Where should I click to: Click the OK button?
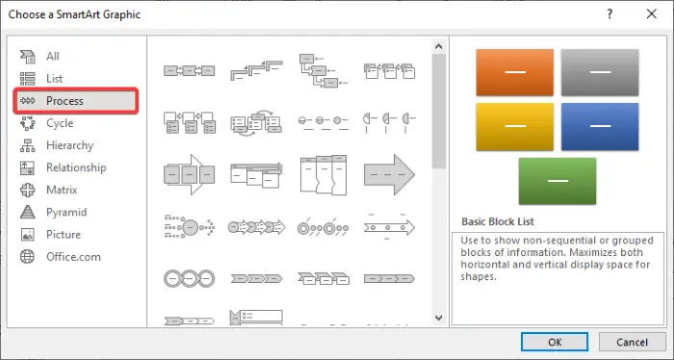(x=556, y=342)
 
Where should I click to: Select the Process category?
(x=65, y=101)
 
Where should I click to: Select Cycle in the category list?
(x=59, y=123)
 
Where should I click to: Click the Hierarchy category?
(x=69, y=145)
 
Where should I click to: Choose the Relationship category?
(x=75, y=167)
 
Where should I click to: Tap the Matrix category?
(x=63, y=190)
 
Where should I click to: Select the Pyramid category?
(x=65, y=212)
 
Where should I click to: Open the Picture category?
(x=63, y=234)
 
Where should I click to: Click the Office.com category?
(x=72, y=256)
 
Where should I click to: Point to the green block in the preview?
(x=557, y=180)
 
